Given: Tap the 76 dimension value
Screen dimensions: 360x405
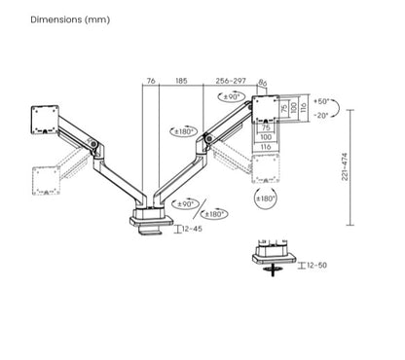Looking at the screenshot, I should click(151, 82).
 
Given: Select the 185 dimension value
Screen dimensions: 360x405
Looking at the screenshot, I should click(182, 82).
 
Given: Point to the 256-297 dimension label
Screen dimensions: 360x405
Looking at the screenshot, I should click(232, 82).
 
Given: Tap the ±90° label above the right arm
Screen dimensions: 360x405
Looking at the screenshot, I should click(231, 97).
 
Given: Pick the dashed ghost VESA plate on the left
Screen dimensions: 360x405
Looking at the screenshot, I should click(45, 178).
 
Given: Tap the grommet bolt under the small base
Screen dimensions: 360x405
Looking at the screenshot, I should click(274, 268).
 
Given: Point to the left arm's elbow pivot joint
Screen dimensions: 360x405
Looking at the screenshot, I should click(93, 147).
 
